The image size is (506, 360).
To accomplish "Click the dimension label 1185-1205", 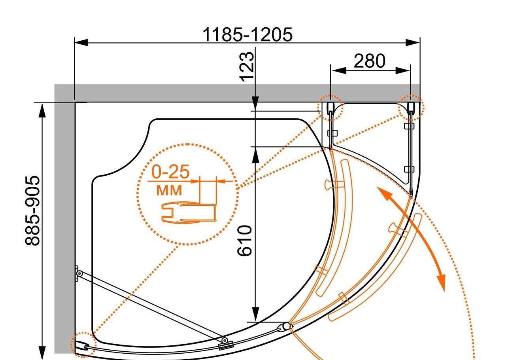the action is click(x=247, y=34).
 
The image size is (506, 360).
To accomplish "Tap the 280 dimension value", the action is click(x=369, y=61).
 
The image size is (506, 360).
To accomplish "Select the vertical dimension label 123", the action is click(x=247, y=67).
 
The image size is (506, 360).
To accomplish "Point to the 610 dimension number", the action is click(x=244, y=241).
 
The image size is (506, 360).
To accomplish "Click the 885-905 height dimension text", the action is click(x=32, y=210).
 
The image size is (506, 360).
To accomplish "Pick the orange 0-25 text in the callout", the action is click(x=170, y=172).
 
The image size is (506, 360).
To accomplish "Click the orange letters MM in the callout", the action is click(x=169, y=190).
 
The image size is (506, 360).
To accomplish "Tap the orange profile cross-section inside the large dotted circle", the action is click(x=189, y=212).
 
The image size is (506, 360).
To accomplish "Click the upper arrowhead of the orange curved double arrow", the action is click(x=383, y=193).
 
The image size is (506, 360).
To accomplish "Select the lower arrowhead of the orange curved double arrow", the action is click(x=442, y=283).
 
